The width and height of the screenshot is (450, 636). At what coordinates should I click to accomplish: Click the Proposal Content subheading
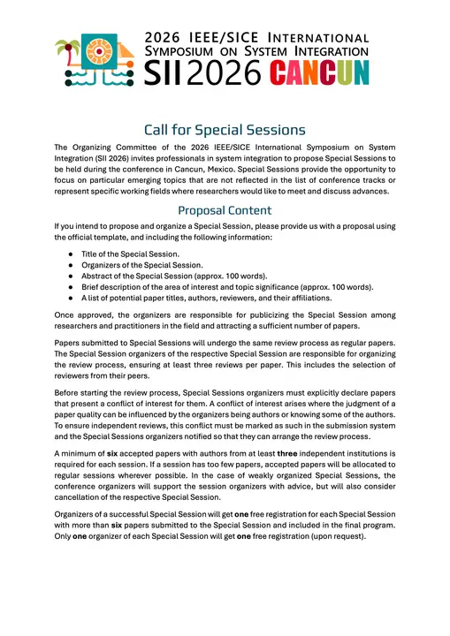(x=225, y=210)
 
